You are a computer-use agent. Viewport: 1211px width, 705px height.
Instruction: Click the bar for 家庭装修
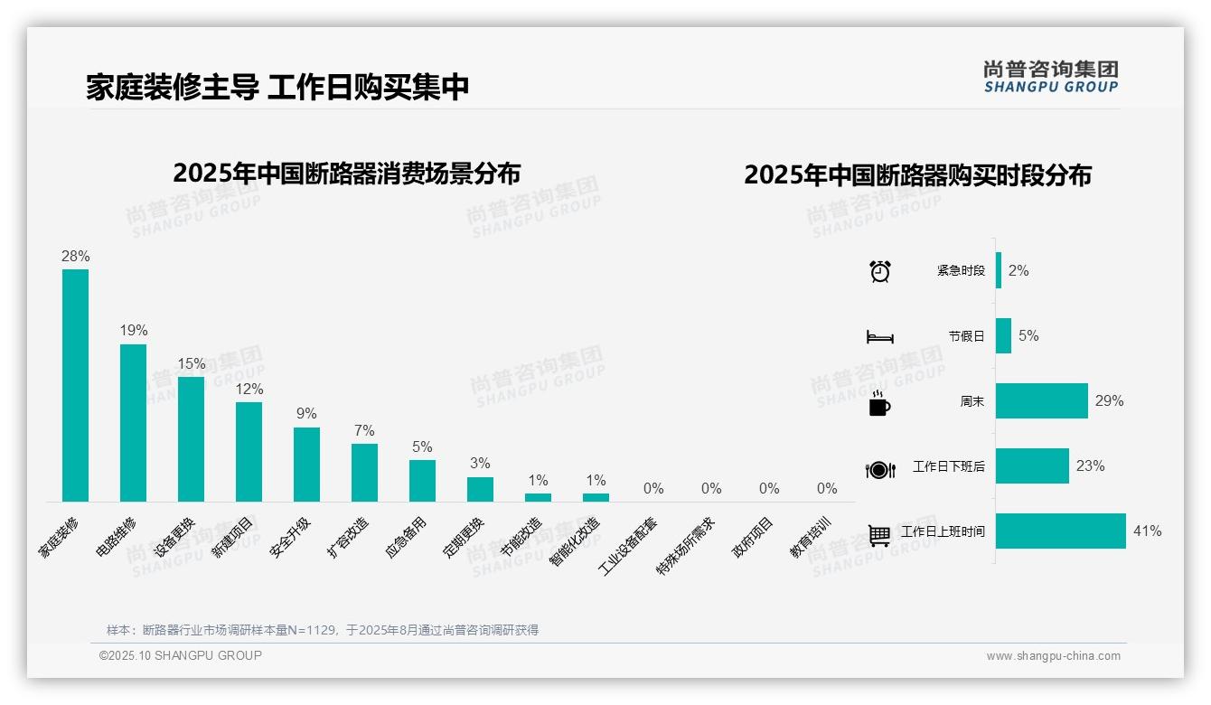[x=75, y=385]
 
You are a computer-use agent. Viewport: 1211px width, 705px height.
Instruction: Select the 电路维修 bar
[x=133, y=422]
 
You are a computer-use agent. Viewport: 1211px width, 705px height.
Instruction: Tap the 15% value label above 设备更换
[x=191, y=363]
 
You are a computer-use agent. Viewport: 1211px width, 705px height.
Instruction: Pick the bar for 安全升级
[x=306, y=464]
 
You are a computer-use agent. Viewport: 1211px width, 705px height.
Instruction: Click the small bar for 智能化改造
[x=596, y=497]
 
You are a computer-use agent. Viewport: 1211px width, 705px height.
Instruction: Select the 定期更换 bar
[x=480, y=489]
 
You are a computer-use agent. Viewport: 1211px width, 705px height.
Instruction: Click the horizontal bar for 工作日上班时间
[x=1060, y=531]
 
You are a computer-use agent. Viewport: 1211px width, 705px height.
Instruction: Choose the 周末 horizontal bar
[x=1041, y=400]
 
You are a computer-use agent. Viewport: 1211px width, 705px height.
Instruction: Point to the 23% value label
[x=1090, y=466]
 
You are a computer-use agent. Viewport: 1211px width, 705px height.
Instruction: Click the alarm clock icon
[x=879, y=271]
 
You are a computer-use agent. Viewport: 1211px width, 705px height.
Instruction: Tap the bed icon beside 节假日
[x=879, y=336]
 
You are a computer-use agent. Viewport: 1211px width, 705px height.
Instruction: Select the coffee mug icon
[x=879, y=403]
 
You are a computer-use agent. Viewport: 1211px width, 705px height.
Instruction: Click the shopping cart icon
[x=879, y=535]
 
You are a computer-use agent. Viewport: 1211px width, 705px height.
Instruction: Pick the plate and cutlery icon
[x=879, y=469]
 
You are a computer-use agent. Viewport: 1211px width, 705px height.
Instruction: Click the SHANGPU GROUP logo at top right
[x=1050, y=77]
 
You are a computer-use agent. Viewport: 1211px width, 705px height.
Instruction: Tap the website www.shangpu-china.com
[x=1053, y=656]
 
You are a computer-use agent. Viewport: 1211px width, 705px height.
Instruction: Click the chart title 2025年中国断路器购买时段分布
[x=917, y=174]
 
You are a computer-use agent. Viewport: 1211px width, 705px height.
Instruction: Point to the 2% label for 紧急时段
[x=1018, y=270]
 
